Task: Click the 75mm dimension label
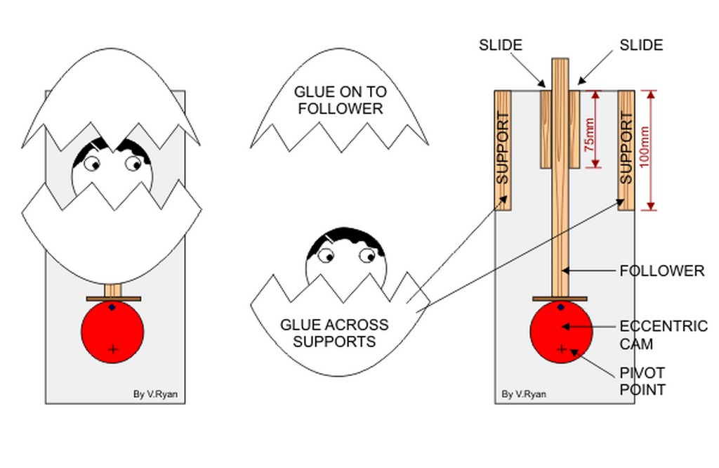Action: pyautogui.click(x=590, y=135)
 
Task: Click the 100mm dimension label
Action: pyautogui.click(x=644, y=147)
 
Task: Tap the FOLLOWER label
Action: pyautogui.click(x=662, y=271)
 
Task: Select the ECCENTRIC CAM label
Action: pyautogui.click(x=664, y=335)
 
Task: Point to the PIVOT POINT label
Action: pyautogui.click(x=642, y=381)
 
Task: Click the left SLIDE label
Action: pyautogui.click(x=500, y=45)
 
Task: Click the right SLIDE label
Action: pyautogui.click(x=641, y=45)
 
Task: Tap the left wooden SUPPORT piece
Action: pyautogui.click(x=503, y=150)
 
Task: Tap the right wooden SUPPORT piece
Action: pyautogui.click(x=626, y=150)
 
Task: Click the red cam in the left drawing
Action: pyautogui.click(x=112, y=332)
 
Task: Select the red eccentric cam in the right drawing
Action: pyautogui.click(x=561, y=332)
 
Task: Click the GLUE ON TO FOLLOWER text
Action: pyautogui.click(x=341, y=100)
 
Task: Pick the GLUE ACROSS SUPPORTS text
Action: pyautogui.click(x=334, y=333)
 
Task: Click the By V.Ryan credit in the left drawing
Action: pyautogui.click(x=155, y=394)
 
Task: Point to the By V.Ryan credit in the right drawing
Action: pyautogui.click(x=524, y=394)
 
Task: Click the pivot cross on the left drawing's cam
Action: pyautogui.click(x=112, y=350)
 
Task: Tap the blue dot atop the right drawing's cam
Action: pyautogui.click(x=561, y=307)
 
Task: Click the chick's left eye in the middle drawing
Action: pyautogui.click(x=326, y=256)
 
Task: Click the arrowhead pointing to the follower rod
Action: pyautogui.click(x=566, y=271)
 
